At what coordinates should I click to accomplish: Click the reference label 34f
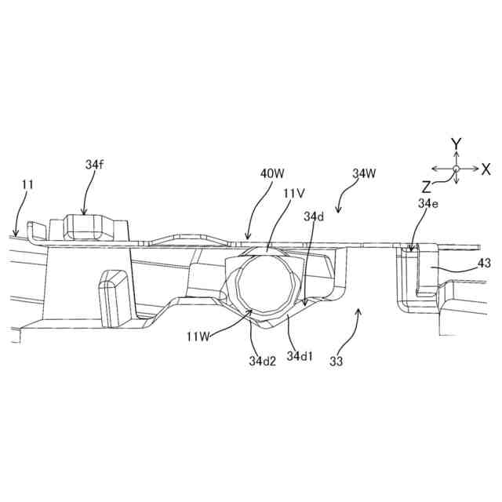pyautogui.click(x=93, y=166)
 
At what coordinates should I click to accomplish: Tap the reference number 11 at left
pyautogui.click(x=27, y=185)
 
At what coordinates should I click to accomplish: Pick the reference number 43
pyautogui.click(x=483, y=264)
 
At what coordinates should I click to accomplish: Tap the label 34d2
pyautogui.click(x=263, y=362)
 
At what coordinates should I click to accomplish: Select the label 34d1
pyautogui.click(x=300, y=357)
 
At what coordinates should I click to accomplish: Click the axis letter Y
pyautogui.click(x=455, y=144)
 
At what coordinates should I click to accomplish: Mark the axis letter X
pyautogui.click(x=486, y=169)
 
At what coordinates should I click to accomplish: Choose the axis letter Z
pyautogui.click(x=426, y=187)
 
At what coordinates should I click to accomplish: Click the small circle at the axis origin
pyautogui.click(x=455, y=169)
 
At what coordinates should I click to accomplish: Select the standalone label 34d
pyautogui.click(x=314, y=215)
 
